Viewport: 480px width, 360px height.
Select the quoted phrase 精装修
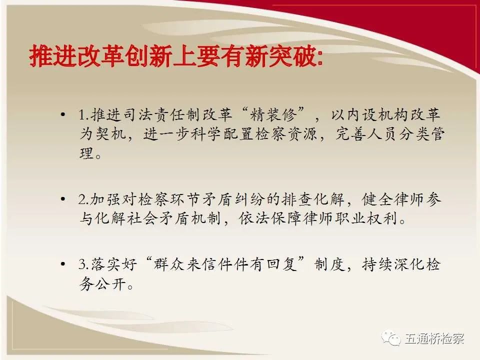coord(273,115)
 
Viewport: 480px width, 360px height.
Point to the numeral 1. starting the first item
coord(83,115)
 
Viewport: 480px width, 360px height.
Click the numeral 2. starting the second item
coord(83,199)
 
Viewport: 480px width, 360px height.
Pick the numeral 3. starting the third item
coord(83,264)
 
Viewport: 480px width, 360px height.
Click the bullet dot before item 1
coord(63,115)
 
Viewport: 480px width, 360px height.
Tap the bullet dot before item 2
coord(63,199)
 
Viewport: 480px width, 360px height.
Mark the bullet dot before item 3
coord(63,264)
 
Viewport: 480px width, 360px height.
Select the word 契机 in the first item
coord(111,134)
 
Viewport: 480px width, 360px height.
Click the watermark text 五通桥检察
coord(434,338)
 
